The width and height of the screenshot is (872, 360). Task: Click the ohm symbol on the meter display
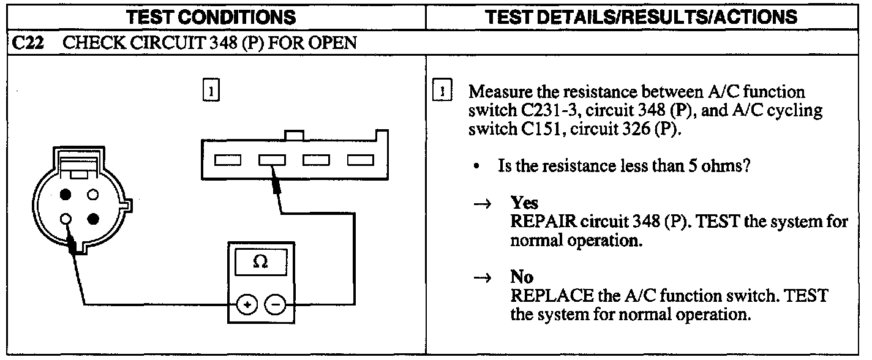[260, 262]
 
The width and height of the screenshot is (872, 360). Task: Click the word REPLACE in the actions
[549, 296]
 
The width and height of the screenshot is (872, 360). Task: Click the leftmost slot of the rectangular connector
[227, 160]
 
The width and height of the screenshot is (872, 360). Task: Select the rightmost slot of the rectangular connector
[359, 160]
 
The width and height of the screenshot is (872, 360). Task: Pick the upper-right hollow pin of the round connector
[93, 195]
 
